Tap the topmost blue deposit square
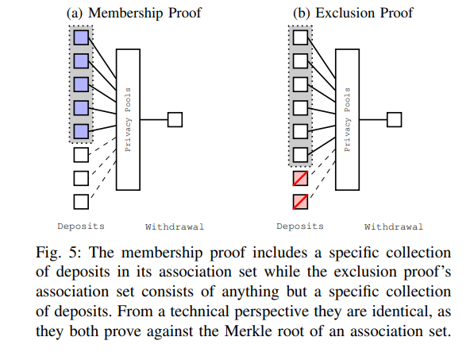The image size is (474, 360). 82,37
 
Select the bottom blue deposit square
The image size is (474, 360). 82,131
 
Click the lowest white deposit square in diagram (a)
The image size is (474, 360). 82,201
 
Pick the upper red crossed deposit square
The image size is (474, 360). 300,178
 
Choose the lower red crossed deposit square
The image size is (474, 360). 300,201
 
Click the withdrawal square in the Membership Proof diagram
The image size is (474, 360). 175,119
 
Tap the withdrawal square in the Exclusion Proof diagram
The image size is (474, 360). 394,119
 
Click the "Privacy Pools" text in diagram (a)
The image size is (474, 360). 127,119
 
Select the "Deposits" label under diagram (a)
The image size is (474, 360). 81,226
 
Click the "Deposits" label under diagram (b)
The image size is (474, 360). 299,226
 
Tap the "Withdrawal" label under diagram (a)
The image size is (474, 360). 175,227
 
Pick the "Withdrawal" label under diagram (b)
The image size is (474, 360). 393,227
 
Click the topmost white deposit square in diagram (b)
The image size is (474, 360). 300,37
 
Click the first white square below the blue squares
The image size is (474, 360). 82,154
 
